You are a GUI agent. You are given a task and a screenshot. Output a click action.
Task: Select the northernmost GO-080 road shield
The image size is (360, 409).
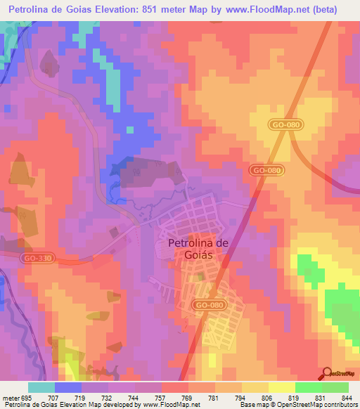[284, 124]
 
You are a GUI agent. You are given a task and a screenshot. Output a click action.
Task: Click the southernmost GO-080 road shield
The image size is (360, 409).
[210, 304]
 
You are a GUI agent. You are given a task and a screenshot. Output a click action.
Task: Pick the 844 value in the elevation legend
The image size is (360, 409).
[347, 398]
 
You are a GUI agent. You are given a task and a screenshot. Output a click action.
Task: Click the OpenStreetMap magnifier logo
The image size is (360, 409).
[326, 373]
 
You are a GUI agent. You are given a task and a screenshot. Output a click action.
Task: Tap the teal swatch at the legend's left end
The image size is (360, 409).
[41, 387]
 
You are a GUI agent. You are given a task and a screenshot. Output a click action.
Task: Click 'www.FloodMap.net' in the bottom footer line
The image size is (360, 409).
[169, 405]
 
